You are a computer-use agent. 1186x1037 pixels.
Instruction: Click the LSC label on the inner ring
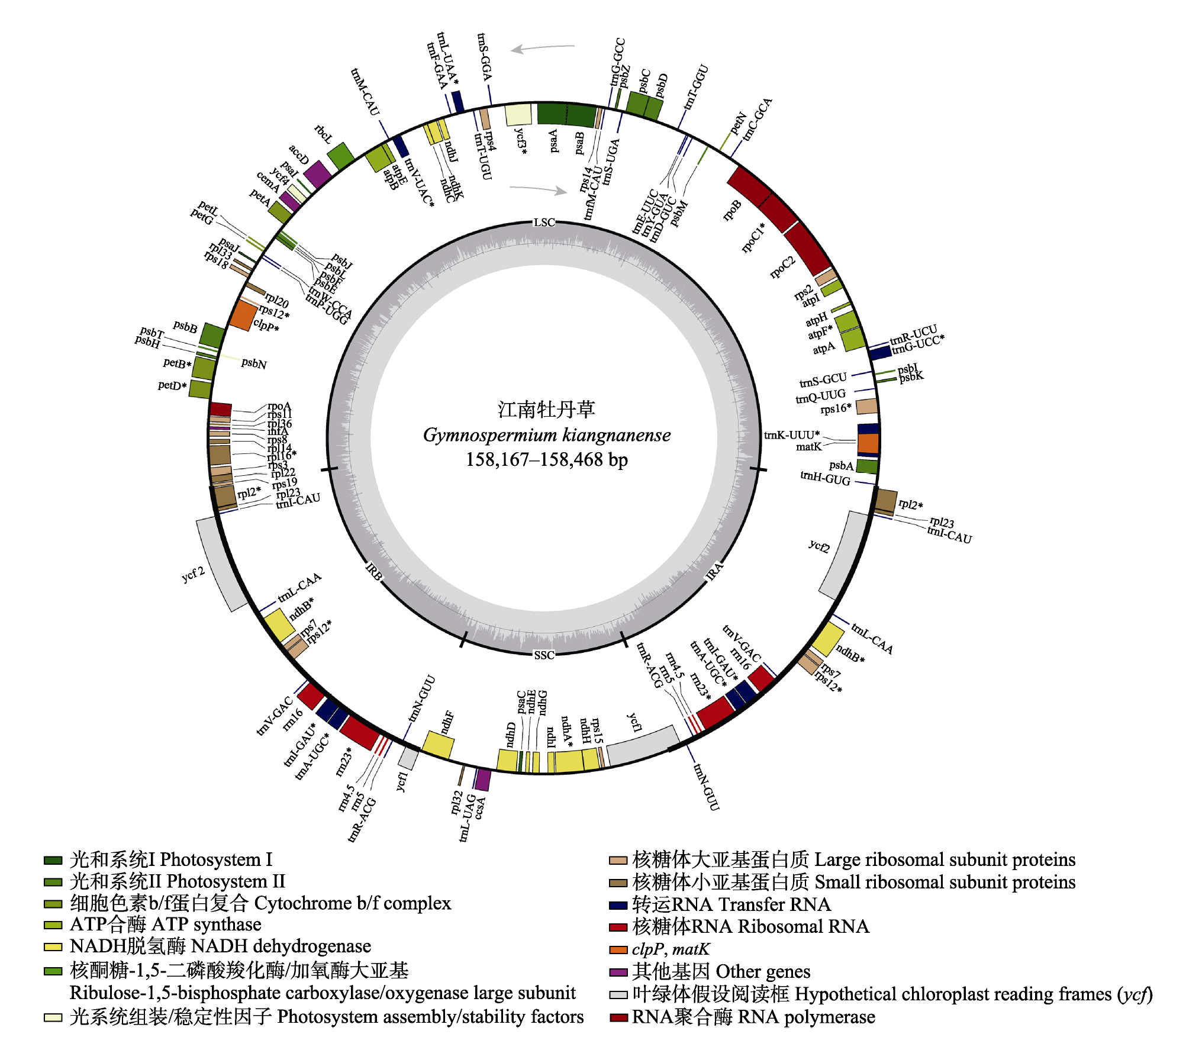click(544, 223)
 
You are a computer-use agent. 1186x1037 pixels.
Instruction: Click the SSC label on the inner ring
click(544, 655)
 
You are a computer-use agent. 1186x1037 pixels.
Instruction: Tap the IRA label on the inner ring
click(714, 571)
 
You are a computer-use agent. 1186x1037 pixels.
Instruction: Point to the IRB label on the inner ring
click(374, 571)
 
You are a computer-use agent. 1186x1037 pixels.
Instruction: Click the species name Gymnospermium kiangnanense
click(547, 436)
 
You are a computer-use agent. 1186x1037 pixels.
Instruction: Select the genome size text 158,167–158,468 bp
click(547, 460)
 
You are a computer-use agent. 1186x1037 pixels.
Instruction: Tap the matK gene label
click(808, 447)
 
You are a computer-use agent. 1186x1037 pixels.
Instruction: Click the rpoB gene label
click(732, 210)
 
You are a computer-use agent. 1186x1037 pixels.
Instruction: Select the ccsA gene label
click(480, 808)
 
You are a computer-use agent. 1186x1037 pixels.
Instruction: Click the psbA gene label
click(841, 466)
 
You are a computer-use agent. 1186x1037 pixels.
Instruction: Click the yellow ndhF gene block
click(438, 745)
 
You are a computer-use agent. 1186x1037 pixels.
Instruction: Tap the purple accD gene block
click(318, 175)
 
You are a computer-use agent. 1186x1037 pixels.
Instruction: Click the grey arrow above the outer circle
click(543, 48)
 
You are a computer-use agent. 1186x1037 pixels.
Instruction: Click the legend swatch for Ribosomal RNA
click(618, 927)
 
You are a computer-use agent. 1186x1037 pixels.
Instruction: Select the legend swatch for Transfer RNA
click(618, 906)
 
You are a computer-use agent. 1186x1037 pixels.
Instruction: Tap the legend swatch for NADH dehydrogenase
click(53, 947)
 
